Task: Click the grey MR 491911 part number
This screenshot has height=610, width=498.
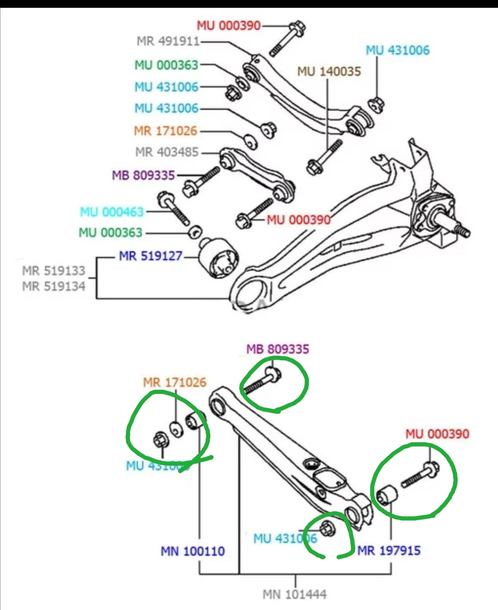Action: point(168,41)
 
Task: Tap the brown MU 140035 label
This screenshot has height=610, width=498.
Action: point(329,71)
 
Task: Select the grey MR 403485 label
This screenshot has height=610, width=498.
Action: point(167,152)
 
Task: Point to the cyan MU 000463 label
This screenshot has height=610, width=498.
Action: point(112,212)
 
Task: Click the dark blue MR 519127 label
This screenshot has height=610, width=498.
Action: point(151,256)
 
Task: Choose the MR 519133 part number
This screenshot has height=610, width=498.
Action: point(53,270)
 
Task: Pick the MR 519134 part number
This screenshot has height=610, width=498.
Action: point(53,286)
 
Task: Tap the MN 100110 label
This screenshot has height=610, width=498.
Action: point(193,551)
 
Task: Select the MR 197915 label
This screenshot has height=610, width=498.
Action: point(389,550)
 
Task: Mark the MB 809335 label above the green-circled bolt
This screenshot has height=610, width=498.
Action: point(278,349)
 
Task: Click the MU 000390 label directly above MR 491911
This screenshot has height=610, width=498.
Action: point(229,25)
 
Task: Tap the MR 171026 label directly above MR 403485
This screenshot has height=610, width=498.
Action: point(166,131)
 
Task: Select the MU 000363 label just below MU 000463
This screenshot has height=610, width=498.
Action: point(110,232)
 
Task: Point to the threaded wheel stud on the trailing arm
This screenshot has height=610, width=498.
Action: point(461,229)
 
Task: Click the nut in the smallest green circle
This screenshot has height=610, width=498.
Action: point(327,528)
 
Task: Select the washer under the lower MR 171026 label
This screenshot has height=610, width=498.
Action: point(176,429)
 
